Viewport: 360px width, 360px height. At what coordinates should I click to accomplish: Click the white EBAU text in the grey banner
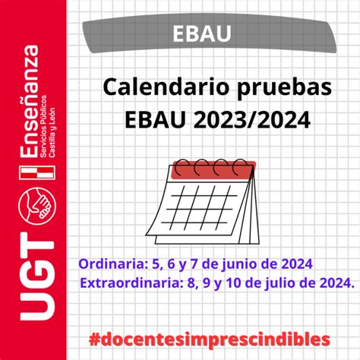point(202,33)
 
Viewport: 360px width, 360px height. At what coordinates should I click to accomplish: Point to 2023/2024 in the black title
point(251,119)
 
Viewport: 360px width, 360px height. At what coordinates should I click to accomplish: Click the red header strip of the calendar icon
point(213,170)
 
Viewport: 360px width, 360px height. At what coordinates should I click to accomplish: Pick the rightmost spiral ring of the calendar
point(240,167)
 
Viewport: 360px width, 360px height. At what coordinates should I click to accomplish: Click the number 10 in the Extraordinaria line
point(234,283)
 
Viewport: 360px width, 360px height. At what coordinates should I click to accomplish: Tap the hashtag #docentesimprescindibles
point(210,339)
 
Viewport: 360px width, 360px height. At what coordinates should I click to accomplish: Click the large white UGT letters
point(37,276)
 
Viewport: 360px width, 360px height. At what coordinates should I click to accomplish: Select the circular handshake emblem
point(37,206)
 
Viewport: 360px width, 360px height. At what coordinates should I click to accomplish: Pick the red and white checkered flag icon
point(37,172)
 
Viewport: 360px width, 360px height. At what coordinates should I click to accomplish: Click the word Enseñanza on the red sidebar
point(30,102)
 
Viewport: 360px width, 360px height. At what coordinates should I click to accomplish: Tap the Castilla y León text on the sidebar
point(52,132)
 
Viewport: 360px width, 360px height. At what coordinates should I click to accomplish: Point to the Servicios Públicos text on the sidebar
point(43,126)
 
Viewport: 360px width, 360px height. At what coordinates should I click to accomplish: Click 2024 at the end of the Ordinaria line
point(297,264)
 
